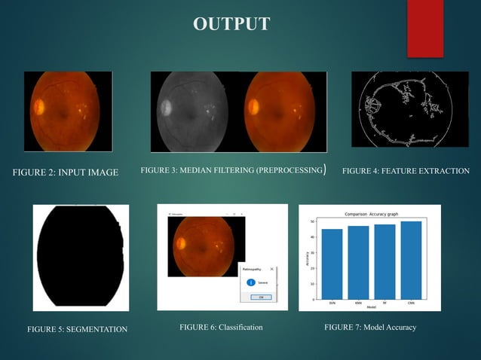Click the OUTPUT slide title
(231, 24)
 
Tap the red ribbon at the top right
(425, 29)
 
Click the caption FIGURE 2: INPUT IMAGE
(66, 172)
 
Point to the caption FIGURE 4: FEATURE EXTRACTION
(406, 172)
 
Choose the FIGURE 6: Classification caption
(221, 328)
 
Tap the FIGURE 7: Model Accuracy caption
(370, 328)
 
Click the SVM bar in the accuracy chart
(332, 264)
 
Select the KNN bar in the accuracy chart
(358, 262)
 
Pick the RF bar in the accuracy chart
(384, 261)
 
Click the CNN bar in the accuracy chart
(411, 260)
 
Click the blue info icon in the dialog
(250, 282)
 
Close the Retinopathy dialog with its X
(272, 268)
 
